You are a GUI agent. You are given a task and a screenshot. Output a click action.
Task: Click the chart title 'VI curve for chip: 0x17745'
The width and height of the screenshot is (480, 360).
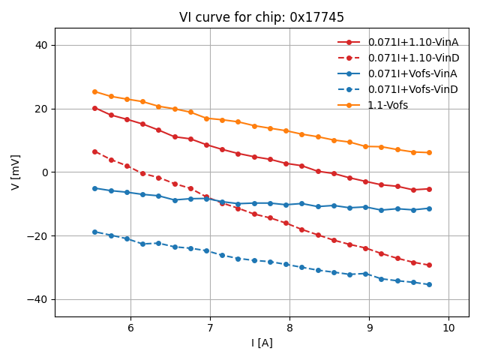[x=262, y=17]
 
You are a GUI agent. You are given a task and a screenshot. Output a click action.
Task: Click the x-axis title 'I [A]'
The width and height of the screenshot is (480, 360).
[x=262, y=343]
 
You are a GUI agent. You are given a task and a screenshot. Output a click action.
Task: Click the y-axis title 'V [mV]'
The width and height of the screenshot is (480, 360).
[x=16, y=172]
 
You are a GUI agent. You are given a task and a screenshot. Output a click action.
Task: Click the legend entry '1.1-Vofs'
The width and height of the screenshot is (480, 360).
[x=388, y=105]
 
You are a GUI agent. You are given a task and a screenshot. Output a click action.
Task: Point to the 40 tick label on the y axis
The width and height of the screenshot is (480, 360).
[x=40, y=45]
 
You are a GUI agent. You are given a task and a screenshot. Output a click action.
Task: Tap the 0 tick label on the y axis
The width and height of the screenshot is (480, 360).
[x=44, y=172]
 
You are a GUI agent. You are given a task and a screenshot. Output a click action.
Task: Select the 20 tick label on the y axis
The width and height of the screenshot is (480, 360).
[x=40, y=109]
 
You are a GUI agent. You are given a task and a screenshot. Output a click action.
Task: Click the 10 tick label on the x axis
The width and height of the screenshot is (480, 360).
[x=448, y=328]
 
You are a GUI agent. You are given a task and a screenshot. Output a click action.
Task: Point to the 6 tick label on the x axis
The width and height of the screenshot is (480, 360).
[x=130, y=328]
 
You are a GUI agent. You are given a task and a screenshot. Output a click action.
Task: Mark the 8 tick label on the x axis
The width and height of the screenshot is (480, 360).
[x=289, y=328]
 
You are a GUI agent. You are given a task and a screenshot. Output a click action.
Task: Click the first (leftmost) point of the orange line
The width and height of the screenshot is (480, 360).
[x=94, y=91]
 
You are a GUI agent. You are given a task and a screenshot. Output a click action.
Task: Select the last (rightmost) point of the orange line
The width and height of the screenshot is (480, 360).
[x=429, y=153]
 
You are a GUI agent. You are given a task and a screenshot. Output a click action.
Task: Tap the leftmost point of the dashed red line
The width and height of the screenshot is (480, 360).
[x=94, y=151]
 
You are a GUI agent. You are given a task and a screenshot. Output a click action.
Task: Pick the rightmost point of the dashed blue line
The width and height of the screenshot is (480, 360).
[x=429, y=284]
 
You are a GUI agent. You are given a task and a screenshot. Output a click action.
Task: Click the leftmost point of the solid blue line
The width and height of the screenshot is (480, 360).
[x=94, y=188]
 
